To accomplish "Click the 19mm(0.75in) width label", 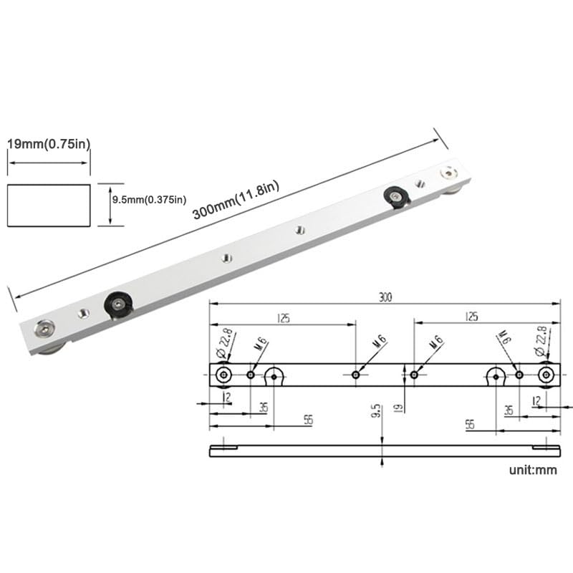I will click(49, 144).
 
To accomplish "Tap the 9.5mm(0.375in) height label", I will click(149, 199).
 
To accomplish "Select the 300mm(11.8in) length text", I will click(236, 201).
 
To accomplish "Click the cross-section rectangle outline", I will click(49, 206).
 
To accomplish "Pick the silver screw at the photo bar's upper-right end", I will click(449, 173).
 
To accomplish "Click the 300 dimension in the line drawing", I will click(385, 297).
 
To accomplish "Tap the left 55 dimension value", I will click(308, 420).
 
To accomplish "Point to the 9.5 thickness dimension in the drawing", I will click(376, 411).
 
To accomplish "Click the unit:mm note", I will click(532, 471).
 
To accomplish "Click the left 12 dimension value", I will click(227, 398).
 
